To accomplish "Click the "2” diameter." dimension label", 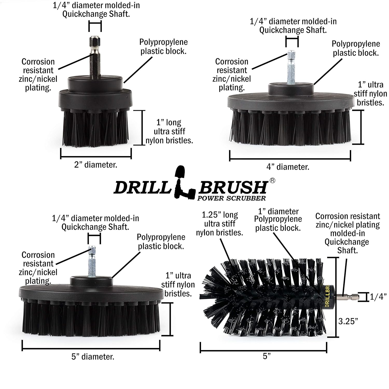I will click(96, 165).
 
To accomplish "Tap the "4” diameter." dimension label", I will click(288, 167).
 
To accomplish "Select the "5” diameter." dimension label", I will click(93, 357).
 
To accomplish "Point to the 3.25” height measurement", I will click(348, 321).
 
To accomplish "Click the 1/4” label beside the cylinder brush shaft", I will click(378, 297).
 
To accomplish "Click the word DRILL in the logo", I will click(142, 187).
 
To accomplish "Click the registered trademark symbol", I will click(272, 180).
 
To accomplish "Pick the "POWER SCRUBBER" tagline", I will click(232, 198).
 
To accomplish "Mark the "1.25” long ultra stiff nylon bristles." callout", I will click(219, 224).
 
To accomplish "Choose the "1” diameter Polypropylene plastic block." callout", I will click(278, 220).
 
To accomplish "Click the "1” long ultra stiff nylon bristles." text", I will click(169, 131).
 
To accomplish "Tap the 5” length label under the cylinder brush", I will click(267, 356).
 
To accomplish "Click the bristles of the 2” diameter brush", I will click(95, 127).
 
